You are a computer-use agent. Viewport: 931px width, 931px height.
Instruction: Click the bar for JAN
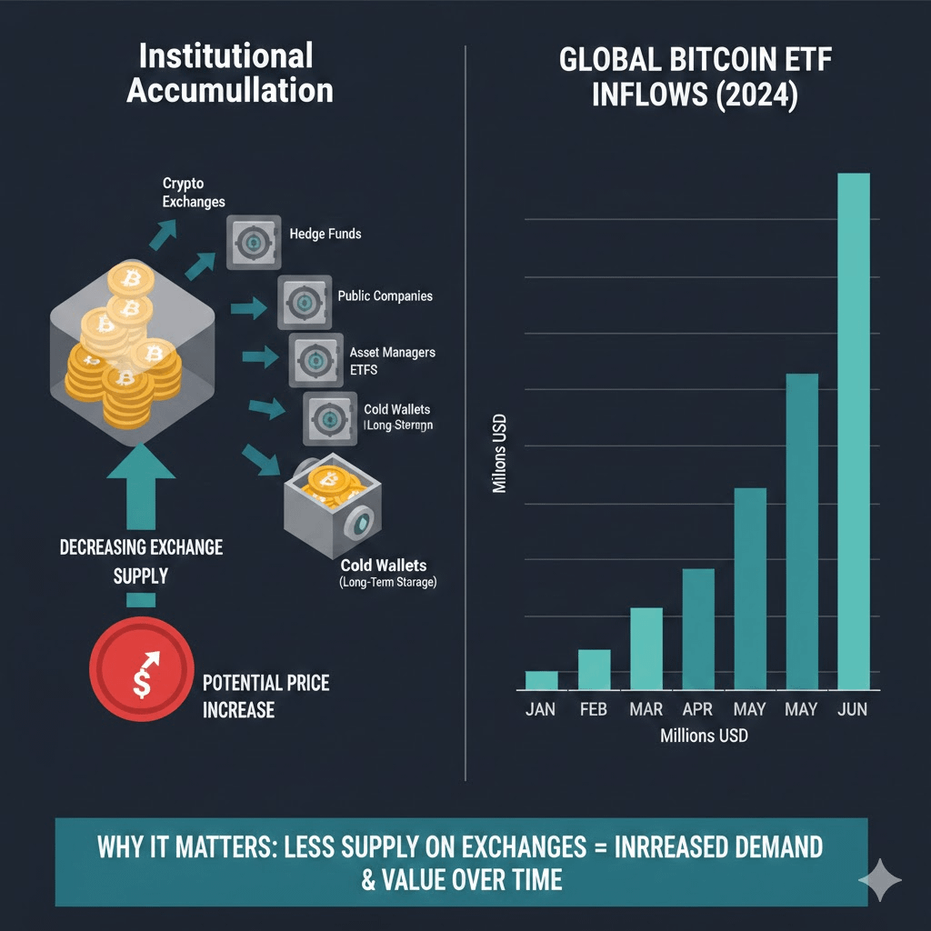[x=541, y=680]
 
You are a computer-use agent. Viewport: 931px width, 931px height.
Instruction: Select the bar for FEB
[x=594, y=669]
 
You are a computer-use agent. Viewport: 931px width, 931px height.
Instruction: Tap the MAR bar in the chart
[x=646, y=648]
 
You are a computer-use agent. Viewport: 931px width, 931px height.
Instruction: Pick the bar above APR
[x=697, y=628]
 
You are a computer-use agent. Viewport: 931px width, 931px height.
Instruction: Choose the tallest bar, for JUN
[x=854, y=431]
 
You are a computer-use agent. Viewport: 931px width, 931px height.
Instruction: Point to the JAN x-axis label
[x=541, y=709]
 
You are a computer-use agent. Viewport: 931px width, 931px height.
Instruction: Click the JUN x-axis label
[x=853, y=709]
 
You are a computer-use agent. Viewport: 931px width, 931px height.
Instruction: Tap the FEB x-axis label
[x=594, y=709]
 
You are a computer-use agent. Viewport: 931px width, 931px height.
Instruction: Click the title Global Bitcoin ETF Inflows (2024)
[x=695, y=77]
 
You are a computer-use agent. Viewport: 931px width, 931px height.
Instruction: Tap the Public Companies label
[x=385, y=296]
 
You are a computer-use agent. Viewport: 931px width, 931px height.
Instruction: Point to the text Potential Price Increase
[x=265, y=696]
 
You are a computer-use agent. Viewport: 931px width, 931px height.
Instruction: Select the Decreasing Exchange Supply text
[x=141, y=561]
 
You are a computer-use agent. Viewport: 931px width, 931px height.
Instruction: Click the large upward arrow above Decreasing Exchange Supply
[x=141, y=486]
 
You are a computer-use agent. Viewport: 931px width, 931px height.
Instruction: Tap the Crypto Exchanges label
[x=194, y=193]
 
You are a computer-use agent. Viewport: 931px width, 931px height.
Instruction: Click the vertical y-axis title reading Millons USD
[x=499, y=454]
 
